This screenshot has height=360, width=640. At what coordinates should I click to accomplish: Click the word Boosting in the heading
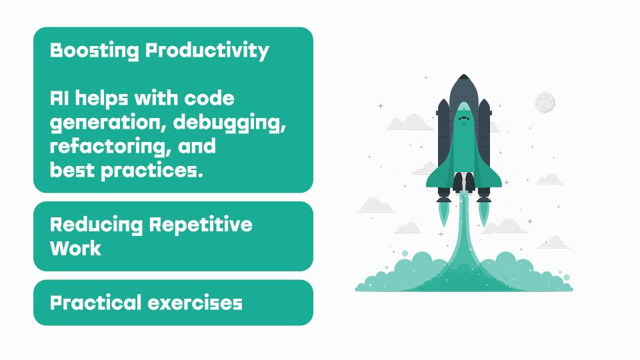point(94,51)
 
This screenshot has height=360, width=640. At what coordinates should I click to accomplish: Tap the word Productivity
point(207,51)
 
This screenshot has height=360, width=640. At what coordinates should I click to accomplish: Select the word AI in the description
point(59,99)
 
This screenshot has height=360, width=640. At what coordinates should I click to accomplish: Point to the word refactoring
point(110,147)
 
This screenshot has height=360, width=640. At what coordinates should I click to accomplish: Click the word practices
point(152,171)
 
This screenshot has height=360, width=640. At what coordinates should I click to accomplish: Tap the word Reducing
point(96,225)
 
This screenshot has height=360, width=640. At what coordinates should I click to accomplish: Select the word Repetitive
point(201,225)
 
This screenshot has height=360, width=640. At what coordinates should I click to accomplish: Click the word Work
point(75,248)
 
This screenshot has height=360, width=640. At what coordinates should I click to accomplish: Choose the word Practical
point(95,303)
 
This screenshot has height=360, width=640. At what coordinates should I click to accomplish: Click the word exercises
point(195,303)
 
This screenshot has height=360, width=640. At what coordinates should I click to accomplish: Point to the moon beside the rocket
point(545,103)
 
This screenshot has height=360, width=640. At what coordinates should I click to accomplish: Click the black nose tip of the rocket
point(463,77)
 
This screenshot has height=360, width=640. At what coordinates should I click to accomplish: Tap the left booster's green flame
point(444,214)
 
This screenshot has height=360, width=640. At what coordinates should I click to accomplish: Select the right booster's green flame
point(484,214)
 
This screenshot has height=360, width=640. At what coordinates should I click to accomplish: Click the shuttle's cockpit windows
point(463,119)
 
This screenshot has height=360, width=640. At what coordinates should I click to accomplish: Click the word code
point(209,99)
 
